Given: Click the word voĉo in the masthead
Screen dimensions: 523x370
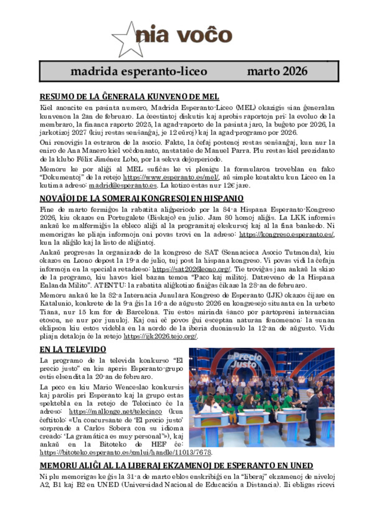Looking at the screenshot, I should pyautogui.click(x=204, y=35).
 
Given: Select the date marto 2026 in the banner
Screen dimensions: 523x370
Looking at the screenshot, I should pyautogui.click(x=277, y=71).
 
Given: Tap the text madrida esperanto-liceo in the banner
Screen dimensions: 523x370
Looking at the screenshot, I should pyautogui.click(x=139, y=71).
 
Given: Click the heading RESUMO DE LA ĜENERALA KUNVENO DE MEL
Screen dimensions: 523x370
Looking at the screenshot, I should pyautogui.click(x=129, y=97).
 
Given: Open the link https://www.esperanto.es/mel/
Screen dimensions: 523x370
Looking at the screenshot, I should pyautogui.click(x=171, y=177).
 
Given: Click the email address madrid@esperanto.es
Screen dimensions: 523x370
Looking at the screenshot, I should pyautogui.click(x=123, y=186).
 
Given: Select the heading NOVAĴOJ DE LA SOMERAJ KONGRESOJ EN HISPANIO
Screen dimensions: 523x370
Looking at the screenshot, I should pyautogui.click(x=142, y=199).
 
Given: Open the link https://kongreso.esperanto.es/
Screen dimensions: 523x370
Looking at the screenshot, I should pyautogui.click(x=286, y=234).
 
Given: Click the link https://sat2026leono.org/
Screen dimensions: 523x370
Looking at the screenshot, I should pyautogui.click(x=191, y=269).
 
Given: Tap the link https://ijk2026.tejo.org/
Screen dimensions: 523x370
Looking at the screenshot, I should pyautogui.click(x=160, y=337).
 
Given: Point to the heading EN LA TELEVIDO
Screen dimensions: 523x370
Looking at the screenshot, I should pyautogui.click(x=73, y=350).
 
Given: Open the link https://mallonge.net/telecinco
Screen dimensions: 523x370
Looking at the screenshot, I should pyautogui.click(x=115, y=412).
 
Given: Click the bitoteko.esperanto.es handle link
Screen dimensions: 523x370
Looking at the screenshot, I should pyautogui.click(x=125, y=453).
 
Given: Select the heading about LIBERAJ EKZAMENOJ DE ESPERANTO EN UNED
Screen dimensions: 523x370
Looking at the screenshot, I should pyautogui.click(x=176, y=465).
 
